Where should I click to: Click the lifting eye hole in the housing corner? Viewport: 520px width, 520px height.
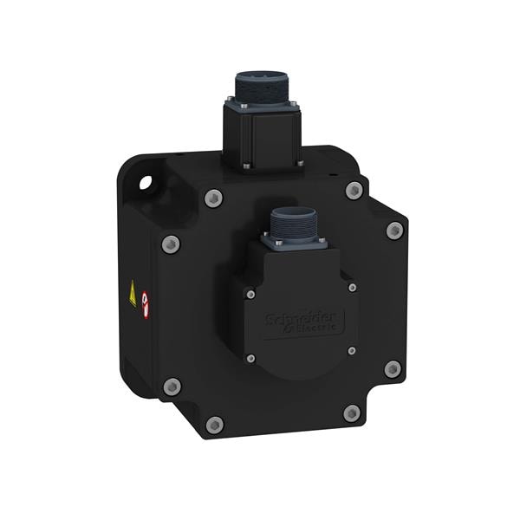[144, 183]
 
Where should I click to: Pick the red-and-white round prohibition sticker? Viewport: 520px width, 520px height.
[145, 303]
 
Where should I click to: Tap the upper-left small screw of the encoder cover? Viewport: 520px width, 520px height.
[250, 295]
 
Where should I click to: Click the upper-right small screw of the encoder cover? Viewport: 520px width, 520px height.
[352, 287]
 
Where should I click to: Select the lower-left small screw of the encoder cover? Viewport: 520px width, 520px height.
[250, 358]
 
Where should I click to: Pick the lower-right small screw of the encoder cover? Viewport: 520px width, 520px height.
[351, 350]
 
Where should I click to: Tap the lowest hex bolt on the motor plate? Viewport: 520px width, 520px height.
[214, 425]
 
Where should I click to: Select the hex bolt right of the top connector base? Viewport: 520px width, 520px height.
[353, 191]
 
